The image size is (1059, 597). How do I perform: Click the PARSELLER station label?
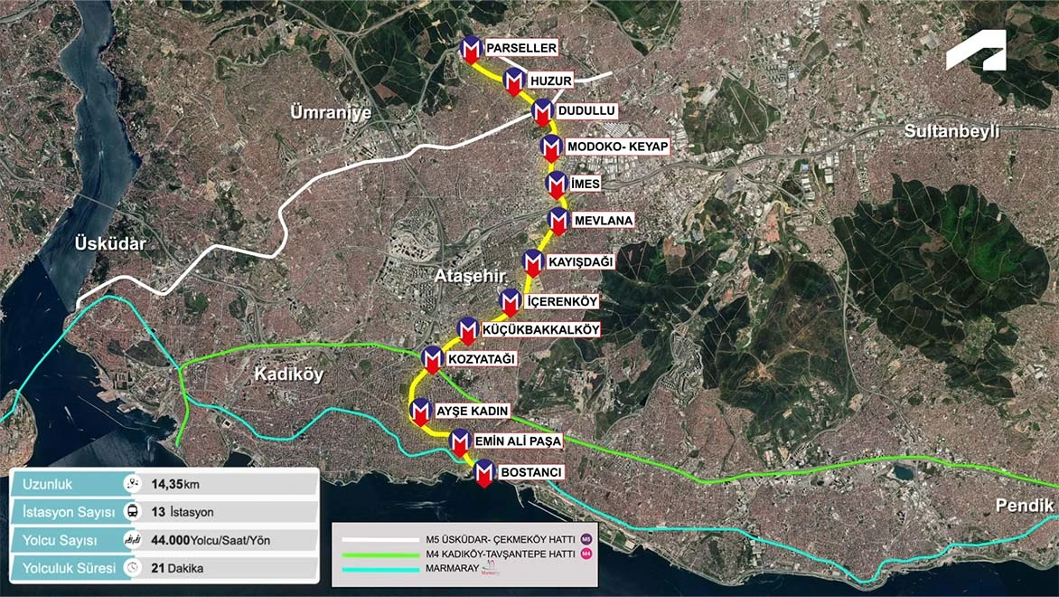pos(521,47)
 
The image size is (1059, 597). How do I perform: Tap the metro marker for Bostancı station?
pos(484,473)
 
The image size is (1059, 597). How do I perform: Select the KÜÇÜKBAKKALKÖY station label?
pos(541,330)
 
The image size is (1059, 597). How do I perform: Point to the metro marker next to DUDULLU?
pos(542,112)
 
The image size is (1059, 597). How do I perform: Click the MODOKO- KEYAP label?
pos(617,147)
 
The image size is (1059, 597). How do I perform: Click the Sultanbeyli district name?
pos(952,131)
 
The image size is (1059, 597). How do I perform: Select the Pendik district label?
pos(1025,506)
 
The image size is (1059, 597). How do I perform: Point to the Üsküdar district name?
pos(111,244)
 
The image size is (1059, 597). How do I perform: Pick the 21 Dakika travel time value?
pos(177,568)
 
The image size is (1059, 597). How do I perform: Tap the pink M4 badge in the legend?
pos(586,554)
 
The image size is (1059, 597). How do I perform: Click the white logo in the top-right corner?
pos(975,51)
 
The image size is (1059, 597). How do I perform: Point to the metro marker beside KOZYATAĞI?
pos(433,358)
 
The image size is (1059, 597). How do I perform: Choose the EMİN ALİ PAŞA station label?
pos(518,441)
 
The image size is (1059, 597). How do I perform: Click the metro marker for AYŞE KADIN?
pos(420,411)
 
